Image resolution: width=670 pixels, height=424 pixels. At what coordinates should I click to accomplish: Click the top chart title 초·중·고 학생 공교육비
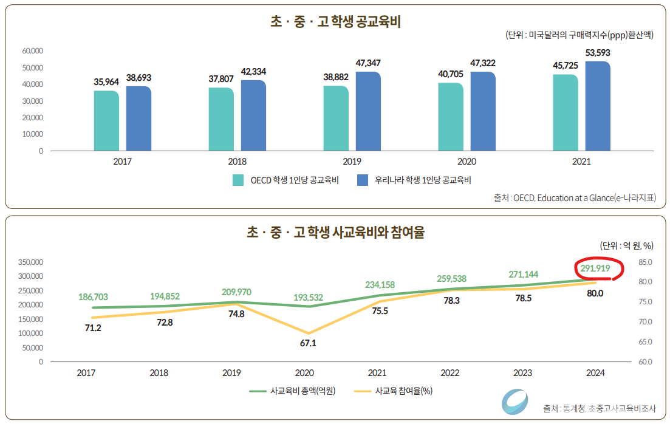335,22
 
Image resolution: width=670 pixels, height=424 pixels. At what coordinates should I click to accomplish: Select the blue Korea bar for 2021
598,106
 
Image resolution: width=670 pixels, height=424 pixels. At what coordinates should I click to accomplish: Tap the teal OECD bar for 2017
106,120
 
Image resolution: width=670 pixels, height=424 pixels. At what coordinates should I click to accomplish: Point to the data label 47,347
368,63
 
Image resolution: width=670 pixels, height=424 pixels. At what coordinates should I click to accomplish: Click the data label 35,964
106,81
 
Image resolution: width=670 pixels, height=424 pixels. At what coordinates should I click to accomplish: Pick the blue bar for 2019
368,111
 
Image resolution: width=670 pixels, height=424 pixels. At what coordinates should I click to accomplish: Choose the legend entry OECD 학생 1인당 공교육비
286,180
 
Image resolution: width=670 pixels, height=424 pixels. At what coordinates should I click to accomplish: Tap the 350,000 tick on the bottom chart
30,262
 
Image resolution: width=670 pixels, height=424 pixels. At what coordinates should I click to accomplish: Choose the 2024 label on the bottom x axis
595,373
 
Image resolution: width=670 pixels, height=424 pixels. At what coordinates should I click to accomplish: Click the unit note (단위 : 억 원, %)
626,245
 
